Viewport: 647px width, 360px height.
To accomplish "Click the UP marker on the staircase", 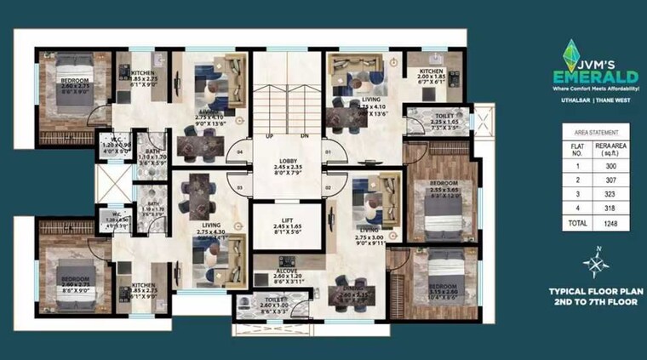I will click(269, 136).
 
